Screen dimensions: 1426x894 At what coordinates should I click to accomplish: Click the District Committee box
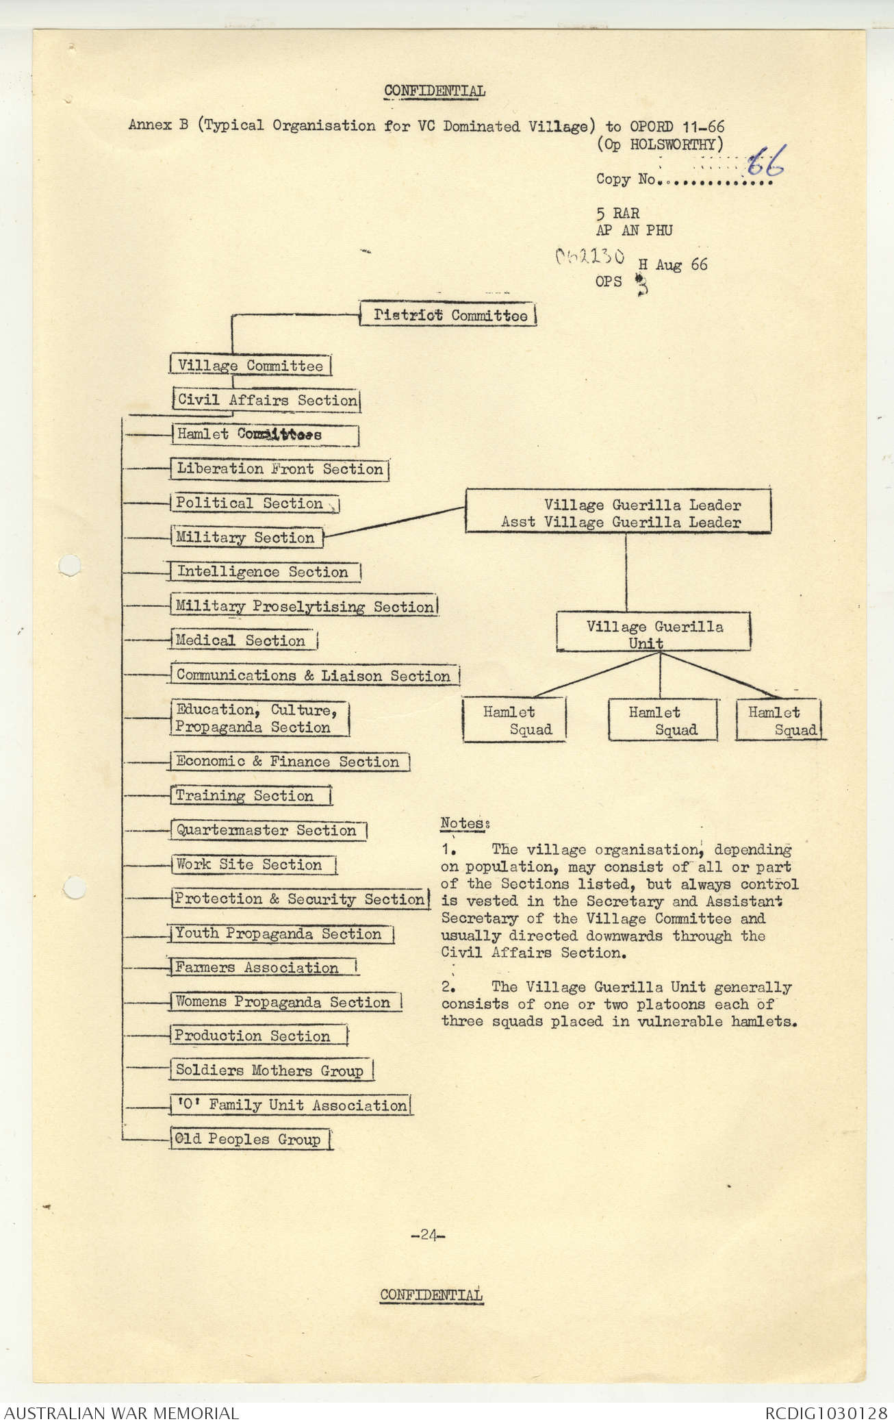[x=448, y=315]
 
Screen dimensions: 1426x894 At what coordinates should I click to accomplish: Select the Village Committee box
[x=250, y=365]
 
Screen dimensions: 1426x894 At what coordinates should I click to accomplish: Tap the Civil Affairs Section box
[x=266, y=400]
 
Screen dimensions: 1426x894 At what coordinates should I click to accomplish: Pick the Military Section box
[x=246, y=538]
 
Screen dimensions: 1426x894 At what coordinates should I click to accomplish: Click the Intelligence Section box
[x=264, y=572]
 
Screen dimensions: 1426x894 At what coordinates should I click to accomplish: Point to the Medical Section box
[x=243, y=640]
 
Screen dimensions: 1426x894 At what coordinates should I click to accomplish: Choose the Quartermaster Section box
[x=268, y=830]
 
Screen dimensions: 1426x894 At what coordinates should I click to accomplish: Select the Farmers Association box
[x=264, y=967]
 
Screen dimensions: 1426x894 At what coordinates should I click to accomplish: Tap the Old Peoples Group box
[x=251, y=1139]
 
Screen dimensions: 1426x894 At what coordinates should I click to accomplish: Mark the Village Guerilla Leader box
[x=618, y=513]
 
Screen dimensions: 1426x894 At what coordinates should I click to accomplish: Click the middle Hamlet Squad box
[x=662, y=721]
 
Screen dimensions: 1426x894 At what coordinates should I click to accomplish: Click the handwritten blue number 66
[x=765, y=162]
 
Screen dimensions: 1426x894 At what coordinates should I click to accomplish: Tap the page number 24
[x=428, y=1236]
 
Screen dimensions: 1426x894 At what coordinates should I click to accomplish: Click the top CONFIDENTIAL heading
[x=435, y=91]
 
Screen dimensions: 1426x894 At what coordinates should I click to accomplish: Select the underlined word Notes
[x=463, y=823]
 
